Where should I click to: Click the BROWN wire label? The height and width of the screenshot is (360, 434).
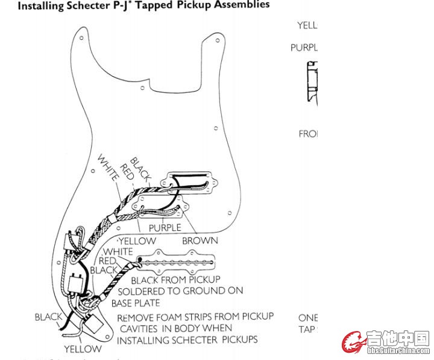(200, 241)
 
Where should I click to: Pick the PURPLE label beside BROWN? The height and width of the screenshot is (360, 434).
(165, 228)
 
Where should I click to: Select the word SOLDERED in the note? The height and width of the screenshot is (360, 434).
(152, 291)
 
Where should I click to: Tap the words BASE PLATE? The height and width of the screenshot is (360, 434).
(136, 302)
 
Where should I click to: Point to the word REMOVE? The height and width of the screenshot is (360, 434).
(137, 317)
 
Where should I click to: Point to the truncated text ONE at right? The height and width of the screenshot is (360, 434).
(307, 318)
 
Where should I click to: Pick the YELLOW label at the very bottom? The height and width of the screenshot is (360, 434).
(83, 349)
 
